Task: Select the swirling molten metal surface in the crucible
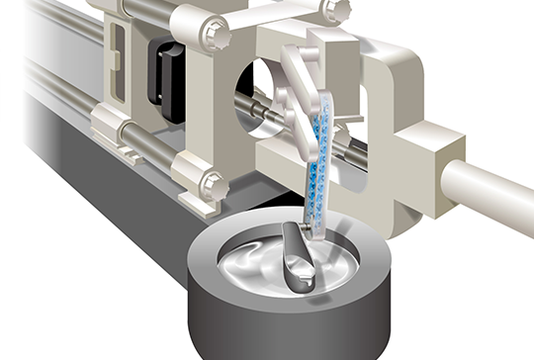pos(247,262)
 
